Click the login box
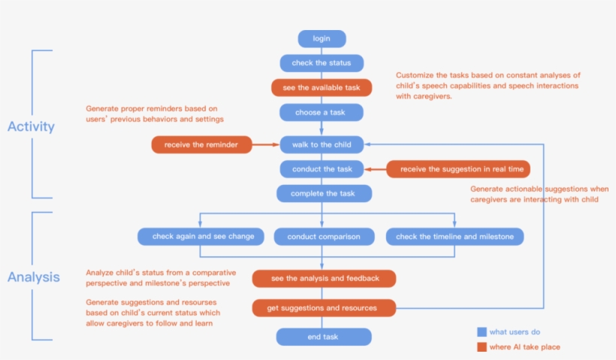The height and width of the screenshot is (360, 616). [322, 39]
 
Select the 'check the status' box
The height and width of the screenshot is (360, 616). [322, 63]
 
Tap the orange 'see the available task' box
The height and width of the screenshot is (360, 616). [322, 88]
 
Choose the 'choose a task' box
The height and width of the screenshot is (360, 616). [322, 113]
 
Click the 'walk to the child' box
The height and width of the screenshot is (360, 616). [322, 144]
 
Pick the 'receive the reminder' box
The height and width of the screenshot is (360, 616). [201, 144]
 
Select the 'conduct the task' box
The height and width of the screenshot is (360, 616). [322, 169]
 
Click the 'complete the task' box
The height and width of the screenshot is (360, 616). [323, 193]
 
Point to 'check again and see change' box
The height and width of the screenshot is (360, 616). [203, 237]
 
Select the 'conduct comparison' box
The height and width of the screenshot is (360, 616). [323, 237]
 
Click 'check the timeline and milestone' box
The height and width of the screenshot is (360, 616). [454, 237]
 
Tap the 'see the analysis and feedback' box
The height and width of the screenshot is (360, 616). [324, 279]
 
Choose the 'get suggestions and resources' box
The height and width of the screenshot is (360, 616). [324, 308]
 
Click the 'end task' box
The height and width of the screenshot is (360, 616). [323, 337]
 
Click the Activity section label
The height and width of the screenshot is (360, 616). [31, 126]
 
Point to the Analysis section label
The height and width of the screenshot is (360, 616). [33, 277]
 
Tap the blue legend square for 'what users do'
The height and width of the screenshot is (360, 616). [482, 332]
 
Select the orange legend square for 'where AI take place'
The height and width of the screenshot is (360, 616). [482, 346]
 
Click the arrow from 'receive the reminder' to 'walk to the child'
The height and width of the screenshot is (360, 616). [264, 144]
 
